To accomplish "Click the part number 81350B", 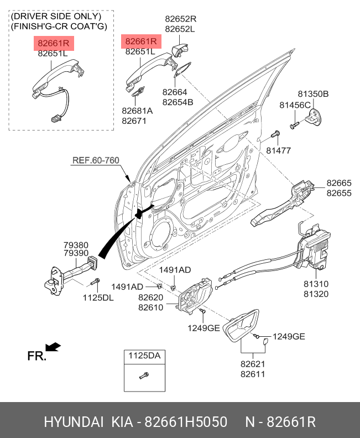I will coord(314,95).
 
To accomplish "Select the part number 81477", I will coord(278,150).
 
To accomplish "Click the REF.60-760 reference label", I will coord(96,161).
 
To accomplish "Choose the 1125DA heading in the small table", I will coord(145,356).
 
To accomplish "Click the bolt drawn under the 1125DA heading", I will coord(143,377).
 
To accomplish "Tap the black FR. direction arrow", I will coord(53,347).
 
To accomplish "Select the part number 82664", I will coord(175,92).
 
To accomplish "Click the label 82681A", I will coord(137,111).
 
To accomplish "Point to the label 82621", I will coord(253,364).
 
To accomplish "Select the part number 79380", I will coord(75,244).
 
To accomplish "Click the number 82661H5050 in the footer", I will coord(186,423).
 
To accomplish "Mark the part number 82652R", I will coord(181,19).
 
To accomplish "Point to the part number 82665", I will coord(338,183).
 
